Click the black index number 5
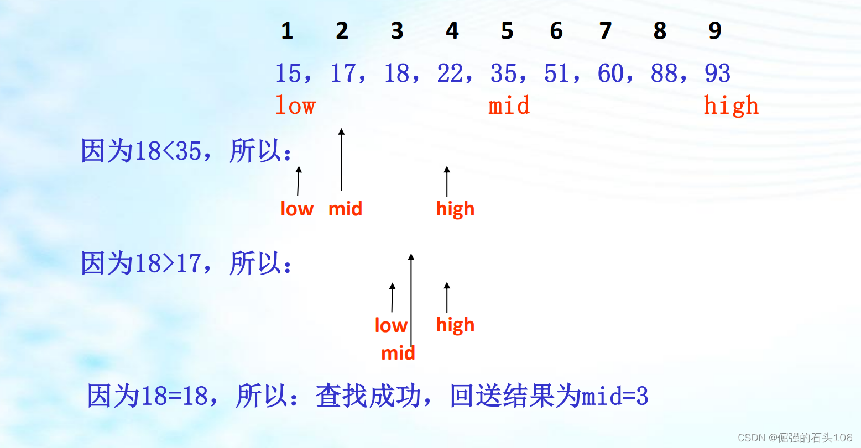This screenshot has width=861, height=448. pos(507,31)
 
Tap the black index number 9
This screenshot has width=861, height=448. pos(714,31)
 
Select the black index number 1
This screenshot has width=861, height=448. pos(286,31)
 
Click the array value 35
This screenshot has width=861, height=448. pos(503,73)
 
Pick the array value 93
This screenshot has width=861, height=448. pos(717,73)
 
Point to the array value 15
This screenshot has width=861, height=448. pos(288,73)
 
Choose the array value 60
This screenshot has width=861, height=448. pos(610,73)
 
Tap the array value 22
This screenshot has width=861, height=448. pos(450,73)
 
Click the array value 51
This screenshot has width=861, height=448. pos(557,73)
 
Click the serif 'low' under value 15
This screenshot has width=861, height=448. pos(295,106)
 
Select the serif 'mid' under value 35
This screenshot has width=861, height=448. pos(509,106)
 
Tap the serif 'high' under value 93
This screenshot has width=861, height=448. pos(730,106)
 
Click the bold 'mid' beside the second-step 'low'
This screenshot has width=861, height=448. pos(345,209)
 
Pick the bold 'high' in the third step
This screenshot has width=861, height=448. pos(455,325)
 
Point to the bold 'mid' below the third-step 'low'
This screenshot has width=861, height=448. pos(398,353)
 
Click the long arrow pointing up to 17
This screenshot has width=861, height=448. pos(341,160)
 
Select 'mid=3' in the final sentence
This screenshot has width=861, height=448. pos(614,396)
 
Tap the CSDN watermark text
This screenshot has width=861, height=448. pos(795,438)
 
